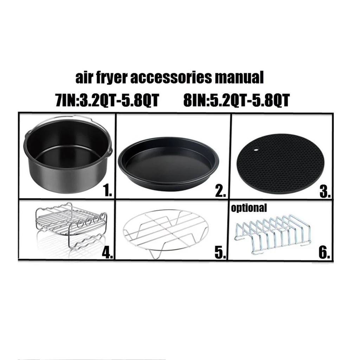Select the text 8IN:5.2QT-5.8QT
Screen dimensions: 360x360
pyautogui.click(x=236, y=101)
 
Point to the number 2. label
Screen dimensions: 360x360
pyautogui.click(x=220, y=191)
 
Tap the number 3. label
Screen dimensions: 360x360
pyautogui.click(x=324, y=191)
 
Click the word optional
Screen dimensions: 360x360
pyautogui.click(x=249, y=208)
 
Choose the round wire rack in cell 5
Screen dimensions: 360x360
pyautogui.click(x=166, y=230)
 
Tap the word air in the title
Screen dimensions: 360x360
pyautogui.click(x=84, y=78)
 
